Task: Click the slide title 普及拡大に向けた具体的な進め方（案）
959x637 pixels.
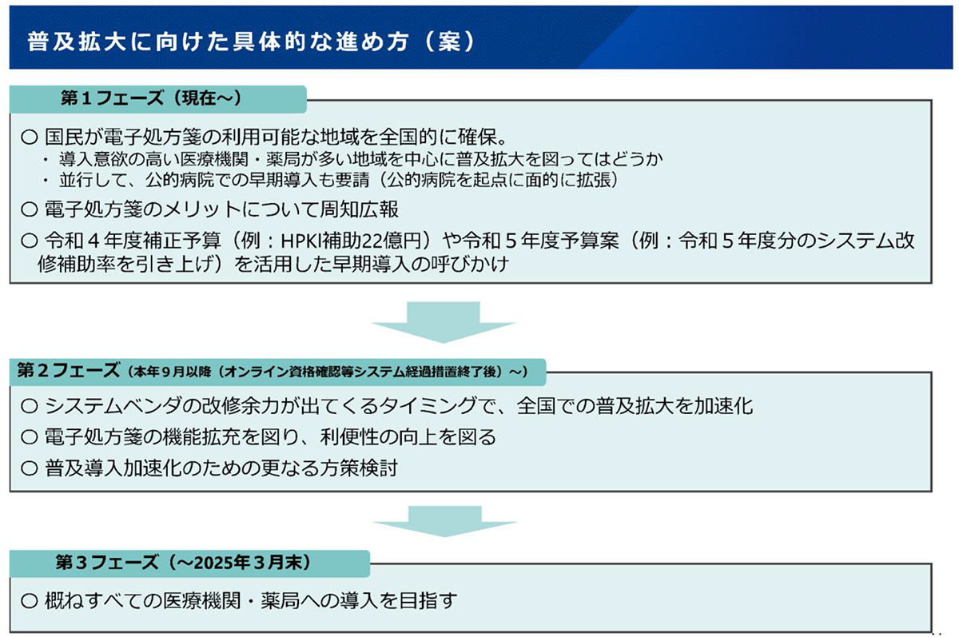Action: [x=251, y=42]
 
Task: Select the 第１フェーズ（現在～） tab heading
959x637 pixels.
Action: [x=152, y=98]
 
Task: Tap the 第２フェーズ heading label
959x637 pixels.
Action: [x=68, y=370]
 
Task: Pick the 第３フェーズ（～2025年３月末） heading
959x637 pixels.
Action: [x=183, y=562]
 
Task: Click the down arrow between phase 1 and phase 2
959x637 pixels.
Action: [x=443, y=322]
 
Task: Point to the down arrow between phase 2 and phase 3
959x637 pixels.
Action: [x=445, y=521]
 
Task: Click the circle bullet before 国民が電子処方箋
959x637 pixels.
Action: [x=29, y=137]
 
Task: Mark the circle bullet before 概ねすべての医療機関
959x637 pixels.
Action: [x=29, y=600]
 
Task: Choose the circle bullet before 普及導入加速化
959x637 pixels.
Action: [x=29, y=468]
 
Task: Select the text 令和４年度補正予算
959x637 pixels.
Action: [x=133, y=241]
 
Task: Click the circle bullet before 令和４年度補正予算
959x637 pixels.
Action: [x=29, y=241]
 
